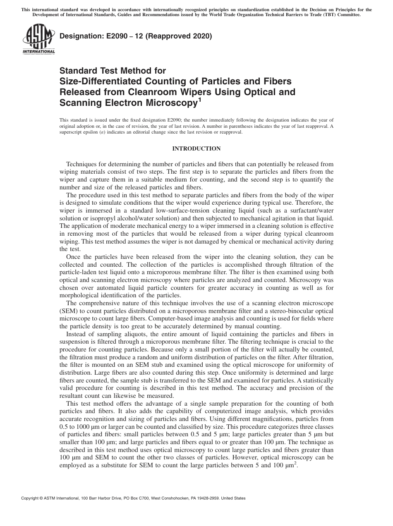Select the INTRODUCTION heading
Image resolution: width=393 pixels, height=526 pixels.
(x=196, y=149)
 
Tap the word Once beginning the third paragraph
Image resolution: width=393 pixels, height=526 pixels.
(x=74, y=257)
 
